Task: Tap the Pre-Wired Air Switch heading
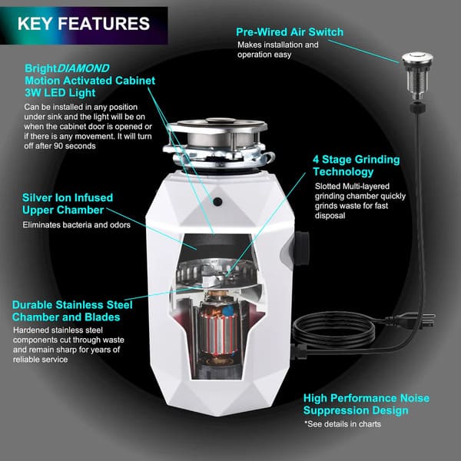click(290, 32)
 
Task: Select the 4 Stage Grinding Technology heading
click(356, 167)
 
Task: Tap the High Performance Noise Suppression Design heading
click(366, 404)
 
